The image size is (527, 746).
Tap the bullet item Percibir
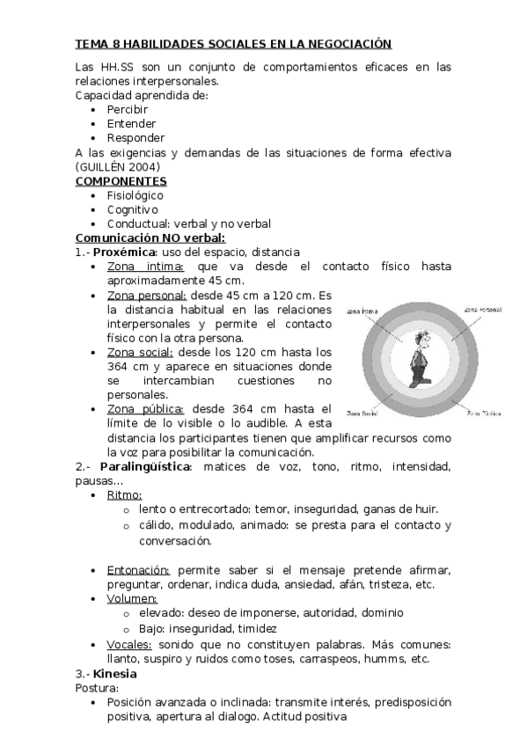pyautogui.click(x=128, y=110)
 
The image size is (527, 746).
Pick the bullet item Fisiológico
pyautogui.click(x=135, y=195)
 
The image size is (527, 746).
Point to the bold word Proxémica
pyautogui.click(x=123, y=252)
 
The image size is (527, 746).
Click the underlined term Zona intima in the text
pyautogui.click(x=145, y=266)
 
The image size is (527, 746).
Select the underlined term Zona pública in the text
pyautogui.click(x=145, y=408)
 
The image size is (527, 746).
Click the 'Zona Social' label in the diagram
pyautogui.click(x=362, y=411)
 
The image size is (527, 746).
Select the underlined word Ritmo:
pyautogui.click(x=124, y=494)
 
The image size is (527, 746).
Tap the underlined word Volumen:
pyautogui.click(x=132, y=598)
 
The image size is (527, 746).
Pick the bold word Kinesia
pyautogui.click(x=115, y=674)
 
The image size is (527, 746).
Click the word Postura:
pyautogui.click(x=97, y=688)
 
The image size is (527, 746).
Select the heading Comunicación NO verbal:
pyautogui.click(x=150, y=238)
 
